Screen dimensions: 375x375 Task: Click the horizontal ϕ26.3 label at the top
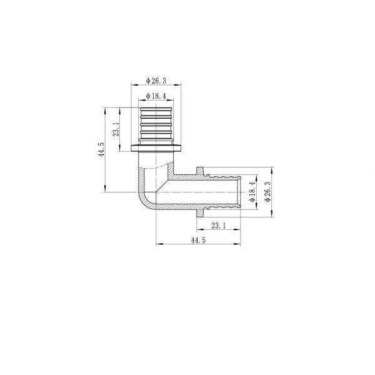(156, 80)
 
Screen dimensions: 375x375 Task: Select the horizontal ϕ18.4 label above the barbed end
(156, 95)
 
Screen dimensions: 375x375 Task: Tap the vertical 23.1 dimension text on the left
(116, 129)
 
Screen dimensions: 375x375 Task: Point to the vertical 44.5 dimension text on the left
(101, 151)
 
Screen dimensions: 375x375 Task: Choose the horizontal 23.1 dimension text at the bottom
(219, 226)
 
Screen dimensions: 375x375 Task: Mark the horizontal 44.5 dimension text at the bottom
(198, 240)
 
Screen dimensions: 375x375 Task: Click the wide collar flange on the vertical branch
(156, 148)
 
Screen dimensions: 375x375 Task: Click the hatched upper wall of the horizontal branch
(187, 178)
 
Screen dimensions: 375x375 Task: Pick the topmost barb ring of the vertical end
(156, 111)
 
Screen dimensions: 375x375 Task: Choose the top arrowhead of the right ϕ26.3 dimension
(272, 170)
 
